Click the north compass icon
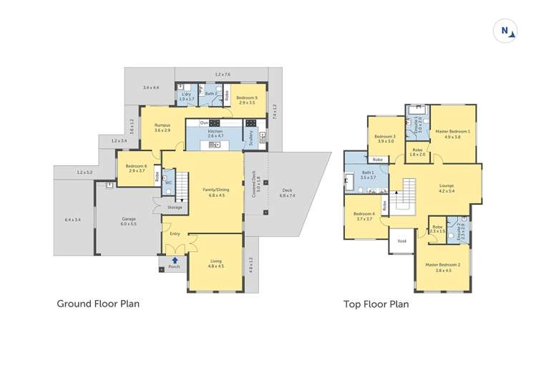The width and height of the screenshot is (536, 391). tap(505, 32)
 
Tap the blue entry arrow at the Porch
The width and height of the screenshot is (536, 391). tap(174, 251)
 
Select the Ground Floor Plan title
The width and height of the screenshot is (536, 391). tap(98, 304)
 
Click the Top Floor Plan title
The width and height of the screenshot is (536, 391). tap(376, 304)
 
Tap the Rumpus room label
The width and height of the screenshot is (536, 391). tap(162, 127)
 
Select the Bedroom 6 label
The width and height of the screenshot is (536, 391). tap(136, 168)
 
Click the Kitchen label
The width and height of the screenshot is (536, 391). tap(215, 131)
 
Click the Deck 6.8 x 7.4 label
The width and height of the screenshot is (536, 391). tap(286, 192)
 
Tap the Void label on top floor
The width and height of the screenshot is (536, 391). tap(401, 241)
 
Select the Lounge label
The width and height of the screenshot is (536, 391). tap(447, 188)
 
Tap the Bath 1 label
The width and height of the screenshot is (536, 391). tap(367, 174)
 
